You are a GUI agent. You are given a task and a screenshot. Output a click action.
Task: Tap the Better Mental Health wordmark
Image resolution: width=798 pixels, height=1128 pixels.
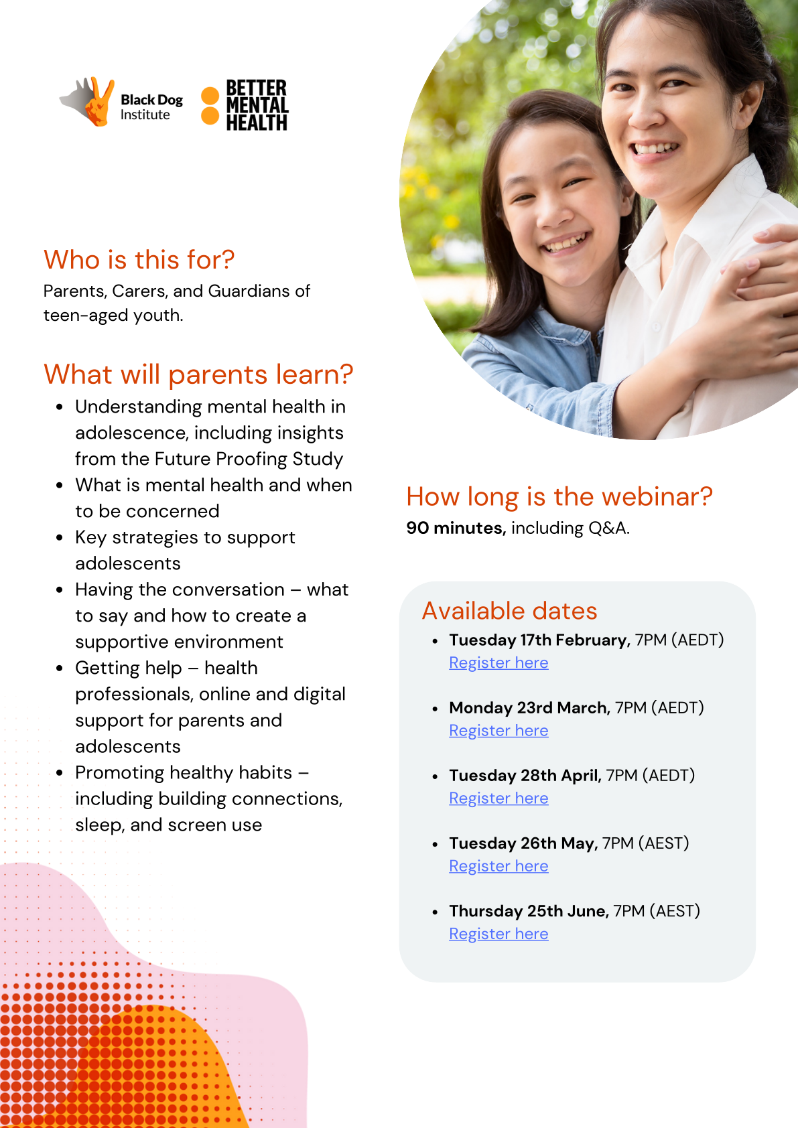tap(257, 105)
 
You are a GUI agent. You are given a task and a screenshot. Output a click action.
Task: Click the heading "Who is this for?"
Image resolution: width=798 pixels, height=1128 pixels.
tap(139, 260)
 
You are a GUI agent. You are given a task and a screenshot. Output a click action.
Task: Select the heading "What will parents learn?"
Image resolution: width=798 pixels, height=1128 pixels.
tap(198, 374)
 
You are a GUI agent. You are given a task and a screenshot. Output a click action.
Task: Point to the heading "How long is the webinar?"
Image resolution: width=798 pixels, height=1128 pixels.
tap(559, 497)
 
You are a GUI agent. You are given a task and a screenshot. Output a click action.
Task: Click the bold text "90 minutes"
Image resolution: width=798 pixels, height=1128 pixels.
tap(455, 528)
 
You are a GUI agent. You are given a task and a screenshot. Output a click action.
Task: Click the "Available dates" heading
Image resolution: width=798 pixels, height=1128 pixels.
tap(509, 611)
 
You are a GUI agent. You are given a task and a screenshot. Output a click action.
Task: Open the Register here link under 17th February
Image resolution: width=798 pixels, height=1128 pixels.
tap(498, 662)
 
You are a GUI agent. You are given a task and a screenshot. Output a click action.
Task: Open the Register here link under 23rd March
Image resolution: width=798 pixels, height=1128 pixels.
tap(498, 731)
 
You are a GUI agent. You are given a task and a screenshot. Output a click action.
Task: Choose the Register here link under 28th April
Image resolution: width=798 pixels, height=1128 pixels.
tap(498, 798)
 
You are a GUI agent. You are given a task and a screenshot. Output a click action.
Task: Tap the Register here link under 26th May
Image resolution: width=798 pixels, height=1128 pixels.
tap(498, 866)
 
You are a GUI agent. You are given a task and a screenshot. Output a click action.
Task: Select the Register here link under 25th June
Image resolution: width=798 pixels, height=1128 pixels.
tap(498, 934)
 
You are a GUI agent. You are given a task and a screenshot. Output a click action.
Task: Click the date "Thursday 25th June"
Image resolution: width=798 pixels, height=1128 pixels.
tap(529, 911)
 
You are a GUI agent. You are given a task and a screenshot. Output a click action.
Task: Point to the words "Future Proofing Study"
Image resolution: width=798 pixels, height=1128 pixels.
tap(249, 460)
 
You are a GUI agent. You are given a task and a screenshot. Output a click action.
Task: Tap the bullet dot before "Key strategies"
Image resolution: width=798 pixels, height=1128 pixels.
tap(60, 538)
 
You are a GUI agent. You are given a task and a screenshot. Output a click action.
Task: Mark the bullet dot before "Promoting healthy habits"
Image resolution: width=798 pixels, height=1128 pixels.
tap(60, 773)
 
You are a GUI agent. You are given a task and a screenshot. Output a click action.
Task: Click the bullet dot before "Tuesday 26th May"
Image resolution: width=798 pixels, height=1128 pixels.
tap(435, 845)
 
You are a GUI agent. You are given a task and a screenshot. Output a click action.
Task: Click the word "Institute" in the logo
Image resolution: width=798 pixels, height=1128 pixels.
tap(145, 115)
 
